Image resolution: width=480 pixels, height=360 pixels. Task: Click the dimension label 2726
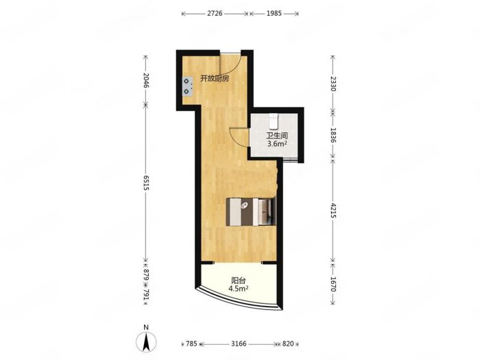point(215,14)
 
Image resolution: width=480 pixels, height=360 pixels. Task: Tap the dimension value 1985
point(274,14)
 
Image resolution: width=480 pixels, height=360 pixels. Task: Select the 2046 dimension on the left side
point(145,80)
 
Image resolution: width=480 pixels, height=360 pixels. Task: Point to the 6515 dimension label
point(145,183)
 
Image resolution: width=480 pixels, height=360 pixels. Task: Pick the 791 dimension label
point(145,294)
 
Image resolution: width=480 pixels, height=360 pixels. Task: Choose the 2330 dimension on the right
point(333,84)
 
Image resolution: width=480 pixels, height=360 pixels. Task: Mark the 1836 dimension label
point(333,135)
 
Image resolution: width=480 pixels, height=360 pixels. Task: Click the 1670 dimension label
point(333,285)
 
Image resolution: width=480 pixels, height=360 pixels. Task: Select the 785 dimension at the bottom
point(191,344)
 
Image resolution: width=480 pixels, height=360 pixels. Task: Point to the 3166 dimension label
point(239,344)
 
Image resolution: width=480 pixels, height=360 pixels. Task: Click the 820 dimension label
point(288,344)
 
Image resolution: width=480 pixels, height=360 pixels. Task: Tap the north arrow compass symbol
point(146,341)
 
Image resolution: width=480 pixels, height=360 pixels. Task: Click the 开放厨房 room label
point(215,79)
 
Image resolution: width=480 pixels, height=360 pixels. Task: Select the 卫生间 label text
point(277,136)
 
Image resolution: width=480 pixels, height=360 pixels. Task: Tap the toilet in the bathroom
point(274,121)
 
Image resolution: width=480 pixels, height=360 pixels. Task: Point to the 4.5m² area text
point(238,289)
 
